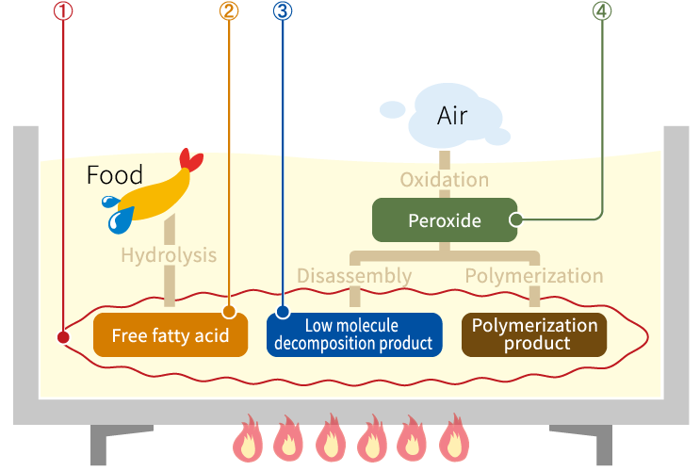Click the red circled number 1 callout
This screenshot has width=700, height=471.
tap(62, 12)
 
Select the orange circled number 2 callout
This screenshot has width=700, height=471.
tap(229, 12)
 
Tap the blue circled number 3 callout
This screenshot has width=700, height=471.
tap(284, 12)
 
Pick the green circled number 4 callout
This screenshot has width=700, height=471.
tap(601, 12)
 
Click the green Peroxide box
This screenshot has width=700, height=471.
tap(445, 220)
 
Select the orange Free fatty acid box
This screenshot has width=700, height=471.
tap(171, 335)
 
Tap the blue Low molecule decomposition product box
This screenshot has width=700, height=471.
tap(354, 334)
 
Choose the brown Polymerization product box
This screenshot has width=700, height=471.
tap(534, 334)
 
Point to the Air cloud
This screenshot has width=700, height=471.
tap(452, 116)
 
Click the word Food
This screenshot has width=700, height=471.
tap(114, 175)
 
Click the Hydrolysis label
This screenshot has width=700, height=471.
tap(169, 255)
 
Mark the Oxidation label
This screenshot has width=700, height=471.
tap(445, 179)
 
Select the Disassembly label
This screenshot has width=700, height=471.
tap(354, 276)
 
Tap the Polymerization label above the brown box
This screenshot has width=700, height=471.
tap(534, 276)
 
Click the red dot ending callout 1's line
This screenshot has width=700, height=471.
tap(62, 336)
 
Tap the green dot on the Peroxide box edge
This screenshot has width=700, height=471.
tap(515, 220)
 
